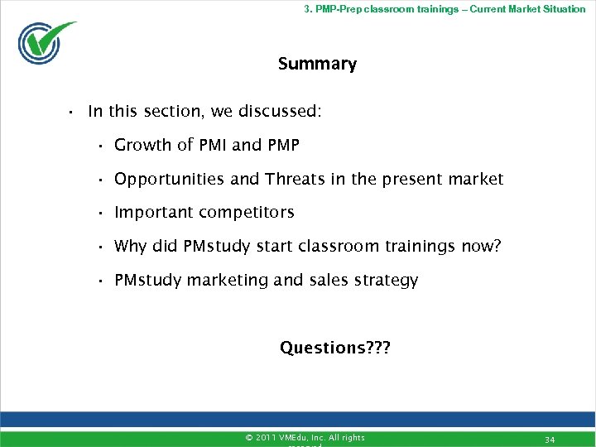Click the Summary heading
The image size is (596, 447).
[317, 65]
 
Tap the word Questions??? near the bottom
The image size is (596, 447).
[334, 348]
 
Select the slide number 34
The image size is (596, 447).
[550, 438]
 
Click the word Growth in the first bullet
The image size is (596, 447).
[142, 146]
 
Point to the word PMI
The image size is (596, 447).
[214, 146]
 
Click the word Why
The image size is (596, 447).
[130, 247]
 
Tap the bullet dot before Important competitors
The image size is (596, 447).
[98, 214]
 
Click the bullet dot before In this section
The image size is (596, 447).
[72, 112]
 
